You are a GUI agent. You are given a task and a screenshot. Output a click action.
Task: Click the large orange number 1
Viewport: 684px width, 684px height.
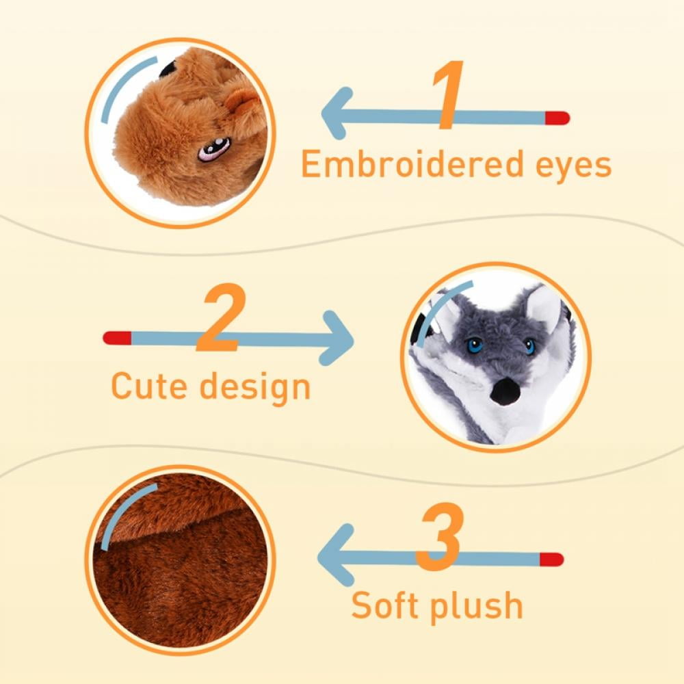click(x=449, y=95)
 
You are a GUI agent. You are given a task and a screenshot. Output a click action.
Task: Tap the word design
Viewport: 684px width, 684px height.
click(x=255, y=387)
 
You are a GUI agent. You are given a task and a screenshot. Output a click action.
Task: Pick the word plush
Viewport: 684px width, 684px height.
click(x=476, y=607)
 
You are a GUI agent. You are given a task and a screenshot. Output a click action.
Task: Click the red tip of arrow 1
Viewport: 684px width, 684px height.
click(x=557, y=118)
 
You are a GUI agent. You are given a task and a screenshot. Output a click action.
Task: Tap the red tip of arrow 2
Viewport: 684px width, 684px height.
click(x=117, y=338)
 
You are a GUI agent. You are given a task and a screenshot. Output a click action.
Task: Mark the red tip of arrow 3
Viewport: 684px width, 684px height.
click(x=552, y=560)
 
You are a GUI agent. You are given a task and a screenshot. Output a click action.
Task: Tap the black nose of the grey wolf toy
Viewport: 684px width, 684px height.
click(x=505, y=391)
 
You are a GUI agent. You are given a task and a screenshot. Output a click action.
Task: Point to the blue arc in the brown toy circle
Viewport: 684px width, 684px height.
click(x=123, y=84)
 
